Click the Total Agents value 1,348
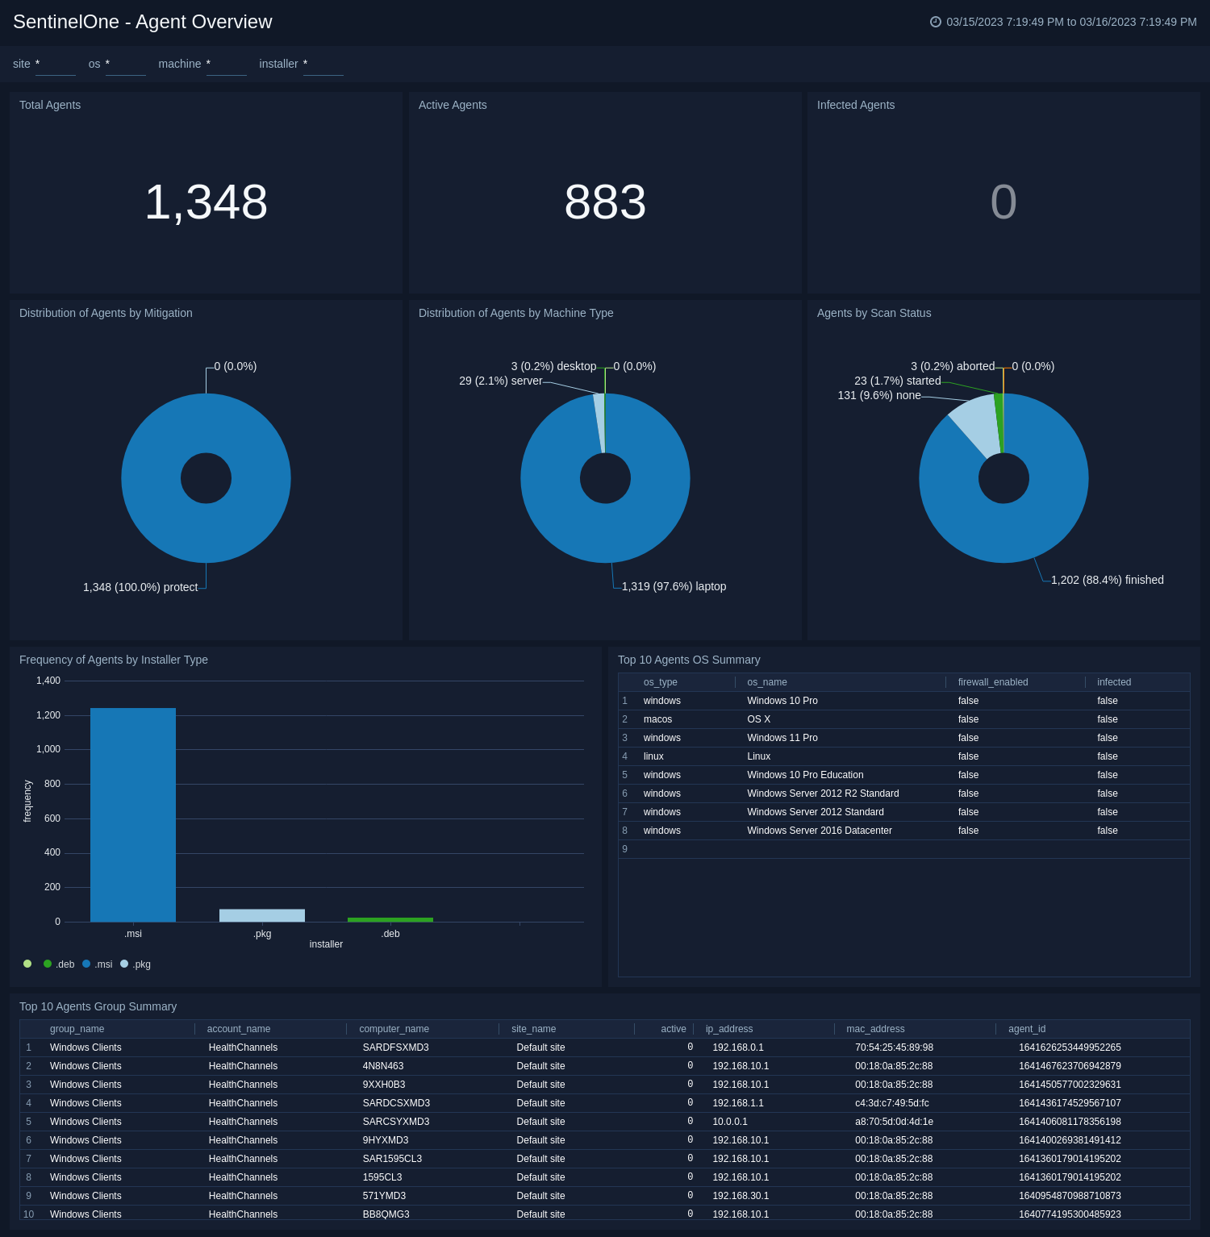coord(206,202)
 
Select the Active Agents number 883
coord(605,202)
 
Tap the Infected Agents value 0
coord(1003,202)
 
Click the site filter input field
coord(55,65)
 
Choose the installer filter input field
coord(323,65)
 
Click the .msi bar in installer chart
coord(133,814)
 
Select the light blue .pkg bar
coord(262,915)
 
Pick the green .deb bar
coord(390,919)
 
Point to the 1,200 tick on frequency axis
coord(48,715)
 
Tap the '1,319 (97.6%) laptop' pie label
coord(674,586)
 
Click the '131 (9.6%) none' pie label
coord(879,395)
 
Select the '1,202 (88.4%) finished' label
coord(1107,580)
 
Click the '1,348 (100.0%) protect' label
coord(140,587)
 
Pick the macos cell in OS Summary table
coord(657,719)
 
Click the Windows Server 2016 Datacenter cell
coord(819,831)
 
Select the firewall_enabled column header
coord(992,682)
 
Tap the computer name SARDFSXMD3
coord(395,1047)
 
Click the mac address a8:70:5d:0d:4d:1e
coord(894,1122)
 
